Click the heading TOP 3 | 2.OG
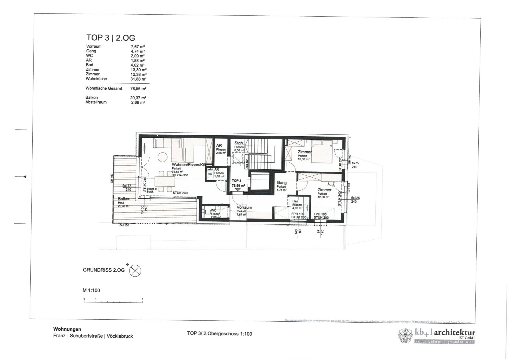111,37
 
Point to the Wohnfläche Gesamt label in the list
104,89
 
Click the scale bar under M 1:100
113,301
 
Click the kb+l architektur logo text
445,332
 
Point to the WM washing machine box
210,174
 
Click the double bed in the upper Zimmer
322,152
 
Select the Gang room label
281,183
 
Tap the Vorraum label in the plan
244,207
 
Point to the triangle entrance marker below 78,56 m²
237,189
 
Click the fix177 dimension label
128,186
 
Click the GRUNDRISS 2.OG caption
104,270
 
